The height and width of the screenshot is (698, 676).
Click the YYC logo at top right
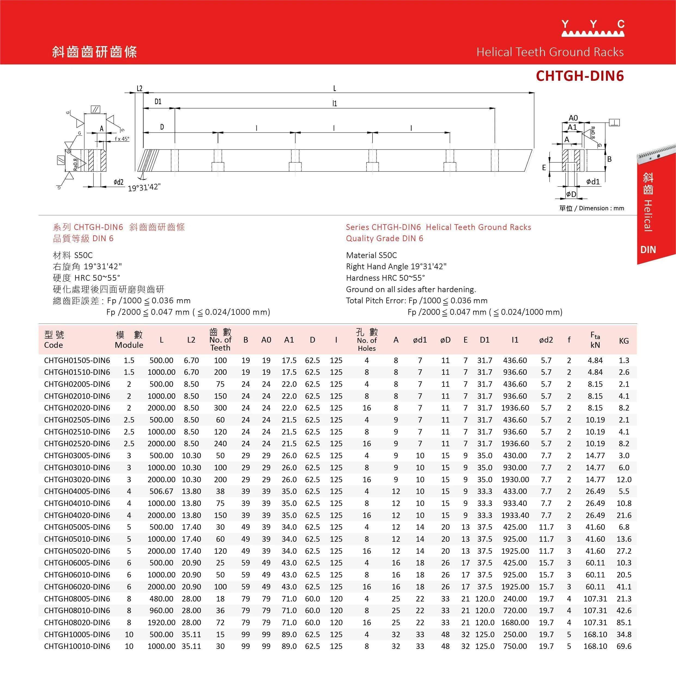pyautogui.click(x=593, y=28)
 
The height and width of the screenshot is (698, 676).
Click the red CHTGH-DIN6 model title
pyautogui.click(x=580, y=76)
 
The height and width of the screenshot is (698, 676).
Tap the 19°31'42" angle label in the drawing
pyautogui.click(x=144, y=187)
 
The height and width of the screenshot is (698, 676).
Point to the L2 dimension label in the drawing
pyautogui.click(x=140, y=88)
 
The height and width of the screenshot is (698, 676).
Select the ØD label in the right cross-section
pyautogui.click(x=571, y=194)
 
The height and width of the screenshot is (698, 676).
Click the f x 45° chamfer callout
pyautogui.click(x=122, y=139)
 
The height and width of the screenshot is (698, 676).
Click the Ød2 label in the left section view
pyautogui.click(x=119, y=182)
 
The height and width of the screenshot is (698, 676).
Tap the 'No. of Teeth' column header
pyautogui.click(x=220, y=340)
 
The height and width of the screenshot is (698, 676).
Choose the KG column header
pyautogui.click(x=624, y=341)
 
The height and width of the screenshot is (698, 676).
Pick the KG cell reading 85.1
pyautogui.click(x=624, y=622)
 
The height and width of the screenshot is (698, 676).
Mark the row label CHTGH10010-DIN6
pyautogui.click(x=77, y=646)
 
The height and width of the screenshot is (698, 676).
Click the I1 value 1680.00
pyautogui.click(x=515, y=622)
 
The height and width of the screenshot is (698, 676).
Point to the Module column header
pyautogui.click(x=129, y=340)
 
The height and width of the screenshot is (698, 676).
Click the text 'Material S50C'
pyautogui.click(x=371, y=255)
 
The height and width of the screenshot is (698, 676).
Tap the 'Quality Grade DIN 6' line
pyautogui.click(x=384, y=239)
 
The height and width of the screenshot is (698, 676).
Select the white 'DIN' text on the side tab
pyautogui.click(x=648, y=250)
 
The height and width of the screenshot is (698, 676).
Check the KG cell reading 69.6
pyautogui.click(x=624, y=646)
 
